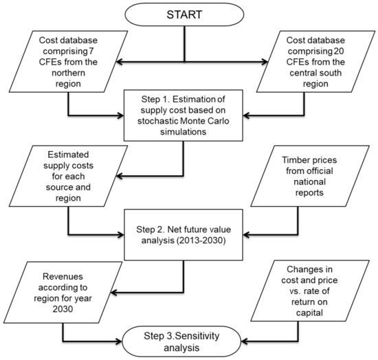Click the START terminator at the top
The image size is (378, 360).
tap(184, 14)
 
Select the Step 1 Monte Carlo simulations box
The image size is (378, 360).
tap(184, 115)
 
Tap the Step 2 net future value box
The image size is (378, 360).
tap(184, 235)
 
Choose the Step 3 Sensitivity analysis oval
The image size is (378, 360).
tap(181, 341)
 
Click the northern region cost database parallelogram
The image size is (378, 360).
tap(68, 61)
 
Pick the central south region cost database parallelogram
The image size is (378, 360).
tap(315, 61)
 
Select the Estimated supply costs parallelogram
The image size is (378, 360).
tap(68, 176)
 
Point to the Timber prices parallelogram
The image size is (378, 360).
tap(310, 176)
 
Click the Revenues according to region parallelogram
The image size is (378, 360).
tap(63, 292)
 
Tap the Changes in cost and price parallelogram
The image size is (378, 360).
tap(310, 291)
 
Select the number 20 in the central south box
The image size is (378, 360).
tap(339, 51)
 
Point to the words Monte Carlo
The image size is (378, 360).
tap(205, 121)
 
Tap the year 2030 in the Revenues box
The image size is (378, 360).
tap(63, 308)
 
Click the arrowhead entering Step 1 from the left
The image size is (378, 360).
tap(120, 115)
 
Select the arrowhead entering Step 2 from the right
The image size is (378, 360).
tap(246, 235)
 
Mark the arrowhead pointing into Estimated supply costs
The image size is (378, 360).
tap(120, 176)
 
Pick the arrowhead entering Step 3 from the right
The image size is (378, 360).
tap(245, 341)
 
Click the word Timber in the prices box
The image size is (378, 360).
tap(294, 160)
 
